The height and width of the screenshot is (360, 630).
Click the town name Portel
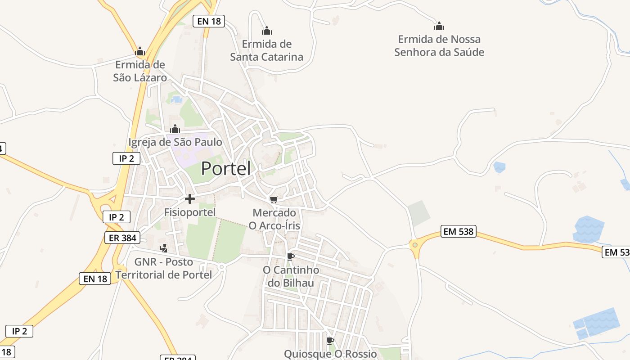(225, 168)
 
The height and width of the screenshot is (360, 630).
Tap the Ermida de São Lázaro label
(140, 71)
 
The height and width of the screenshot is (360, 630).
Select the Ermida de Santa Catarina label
(266, 50)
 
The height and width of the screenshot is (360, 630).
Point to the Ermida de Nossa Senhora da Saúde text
(439, 45)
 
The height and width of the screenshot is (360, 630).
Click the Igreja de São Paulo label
(175, 142)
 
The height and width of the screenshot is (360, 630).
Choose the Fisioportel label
(190, 212)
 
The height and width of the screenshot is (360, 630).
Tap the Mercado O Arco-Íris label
(274, 219)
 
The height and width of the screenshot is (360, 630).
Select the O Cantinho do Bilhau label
(291, 276)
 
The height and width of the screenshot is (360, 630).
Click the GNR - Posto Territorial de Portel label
(164, 268)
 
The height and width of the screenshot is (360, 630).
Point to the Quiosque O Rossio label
(330, 354)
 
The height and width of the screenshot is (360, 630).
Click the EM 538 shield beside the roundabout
(458, 231)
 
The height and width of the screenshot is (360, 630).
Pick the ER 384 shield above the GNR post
(122, 238)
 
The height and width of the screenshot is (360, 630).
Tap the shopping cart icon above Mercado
(274, 199)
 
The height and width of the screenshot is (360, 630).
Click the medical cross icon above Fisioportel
(190, 198)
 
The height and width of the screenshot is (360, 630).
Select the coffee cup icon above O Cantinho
(291, 256)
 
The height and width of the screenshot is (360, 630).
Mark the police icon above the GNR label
(164, 248)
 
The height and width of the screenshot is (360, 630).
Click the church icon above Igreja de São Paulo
(175, 129)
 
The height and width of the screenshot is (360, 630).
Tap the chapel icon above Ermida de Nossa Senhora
(439, 26)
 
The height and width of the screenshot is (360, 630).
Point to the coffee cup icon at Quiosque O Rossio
(330, 341)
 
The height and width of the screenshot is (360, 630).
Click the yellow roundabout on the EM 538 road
(414, 245)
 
